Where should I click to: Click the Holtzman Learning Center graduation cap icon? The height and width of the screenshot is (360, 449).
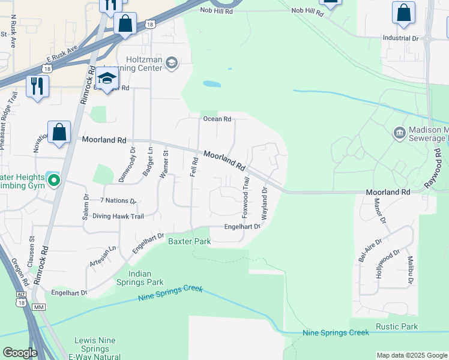tap(172, 62)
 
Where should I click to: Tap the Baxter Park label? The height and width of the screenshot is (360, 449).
tap(189, 241)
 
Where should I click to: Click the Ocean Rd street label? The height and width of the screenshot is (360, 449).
tap(217, 119)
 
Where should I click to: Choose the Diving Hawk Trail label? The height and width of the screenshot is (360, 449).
tap(118, 216)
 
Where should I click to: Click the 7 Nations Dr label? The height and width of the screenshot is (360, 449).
tap(118, 201)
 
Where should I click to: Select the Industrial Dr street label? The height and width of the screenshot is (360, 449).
tap(400, 38)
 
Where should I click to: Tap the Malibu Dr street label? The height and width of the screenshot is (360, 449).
tap(411, 269)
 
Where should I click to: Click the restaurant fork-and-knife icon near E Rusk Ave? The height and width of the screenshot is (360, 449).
tap(37, 86)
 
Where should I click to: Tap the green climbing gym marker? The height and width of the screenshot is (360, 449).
tap(53, 179)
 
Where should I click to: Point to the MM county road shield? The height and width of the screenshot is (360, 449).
tap(40, 307)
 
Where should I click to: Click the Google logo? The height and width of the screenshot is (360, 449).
tap(20, 353)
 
